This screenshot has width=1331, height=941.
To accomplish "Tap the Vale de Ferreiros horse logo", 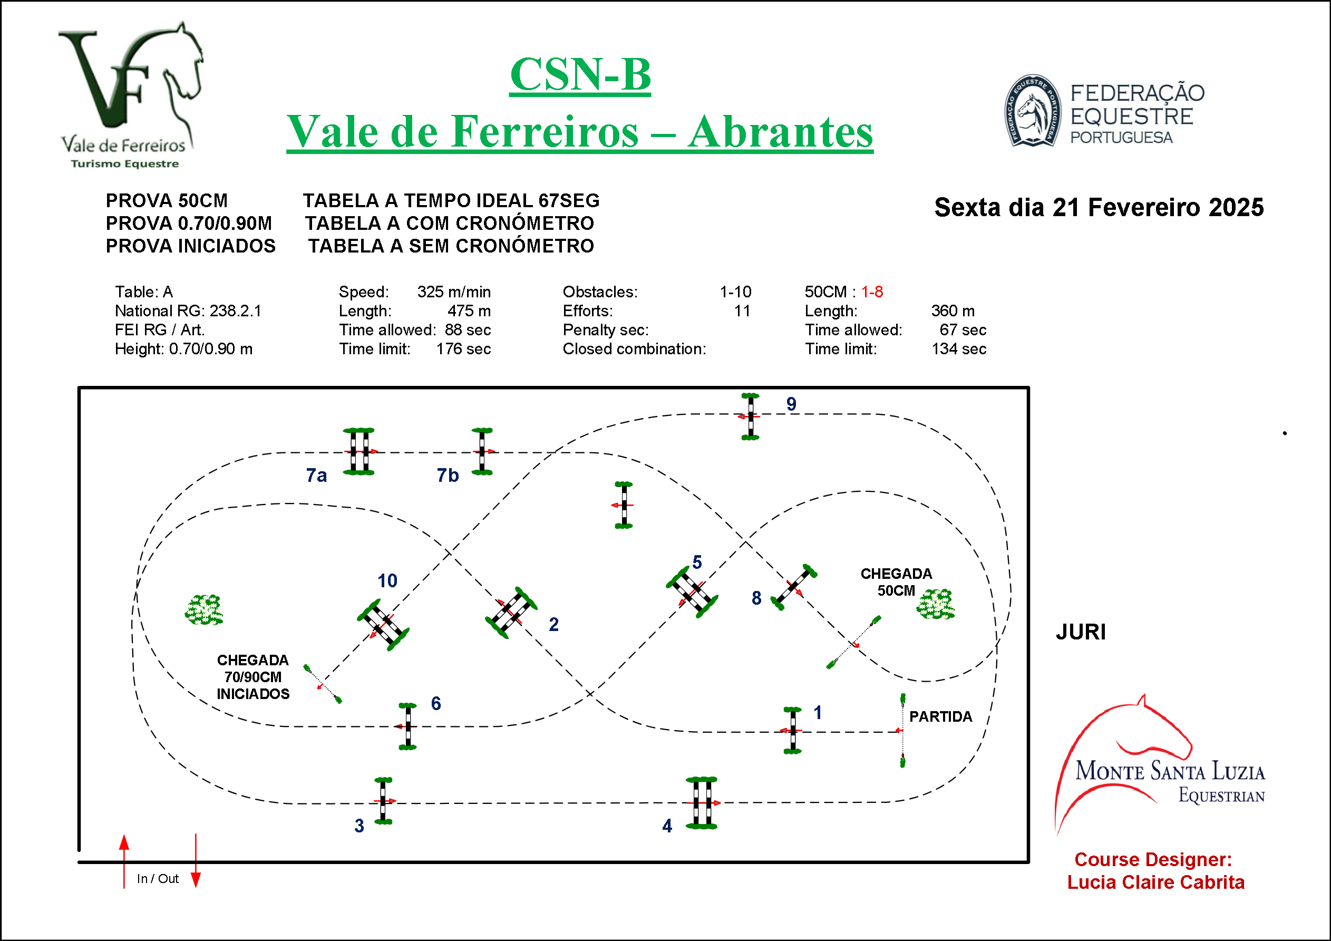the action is coord(131,95).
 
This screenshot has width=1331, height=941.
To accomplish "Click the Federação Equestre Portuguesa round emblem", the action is coord(1033,111).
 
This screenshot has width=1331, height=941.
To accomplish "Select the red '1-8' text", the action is coord(872,292).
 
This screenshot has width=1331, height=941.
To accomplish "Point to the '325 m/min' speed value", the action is coord(454,292).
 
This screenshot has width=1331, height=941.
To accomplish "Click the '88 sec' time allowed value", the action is coord(468,330).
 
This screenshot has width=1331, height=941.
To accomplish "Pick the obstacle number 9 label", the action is coord(791,404).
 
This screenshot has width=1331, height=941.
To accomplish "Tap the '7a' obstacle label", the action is coord(316,476).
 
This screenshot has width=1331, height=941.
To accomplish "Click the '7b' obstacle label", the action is coord(448,476).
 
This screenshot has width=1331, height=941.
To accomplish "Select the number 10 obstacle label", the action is coord(387,580).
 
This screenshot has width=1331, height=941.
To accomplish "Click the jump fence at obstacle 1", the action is coord(792,731).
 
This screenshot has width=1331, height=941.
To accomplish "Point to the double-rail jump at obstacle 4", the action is coord(702,803).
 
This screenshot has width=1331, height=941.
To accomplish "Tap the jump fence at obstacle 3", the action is coord(383,801).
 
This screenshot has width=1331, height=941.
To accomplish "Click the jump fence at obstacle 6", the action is coord(407,726).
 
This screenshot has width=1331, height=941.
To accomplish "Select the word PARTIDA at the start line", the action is coord(940,716).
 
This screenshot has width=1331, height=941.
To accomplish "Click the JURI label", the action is coord(1081,632).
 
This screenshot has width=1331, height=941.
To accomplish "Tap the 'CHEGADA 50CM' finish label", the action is coord(896,582).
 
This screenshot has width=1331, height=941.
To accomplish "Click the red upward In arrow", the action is coord(124,861).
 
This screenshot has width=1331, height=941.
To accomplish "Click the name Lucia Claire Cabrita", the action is coord(1156,882).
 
